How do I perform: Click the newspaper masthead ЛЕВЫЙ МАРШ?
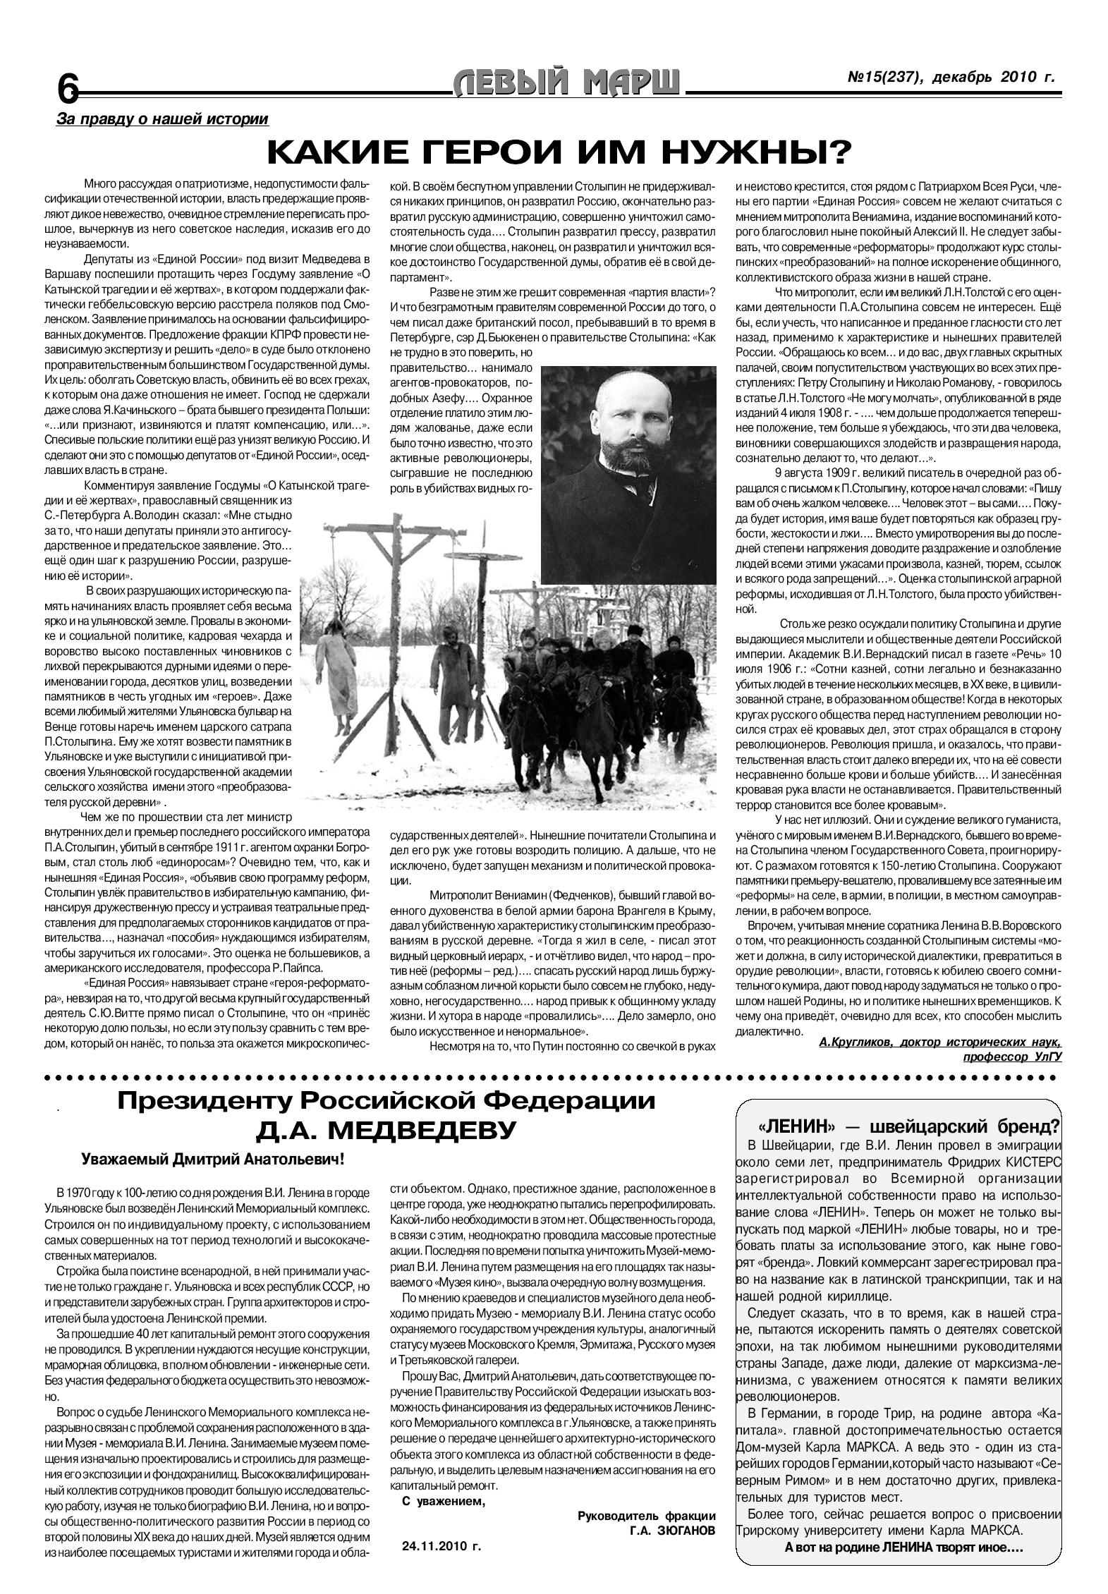[568, 84]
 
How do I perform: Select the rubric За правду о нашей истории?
[162, 119]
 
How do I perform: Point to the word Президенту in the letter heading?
[202, 1101]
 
